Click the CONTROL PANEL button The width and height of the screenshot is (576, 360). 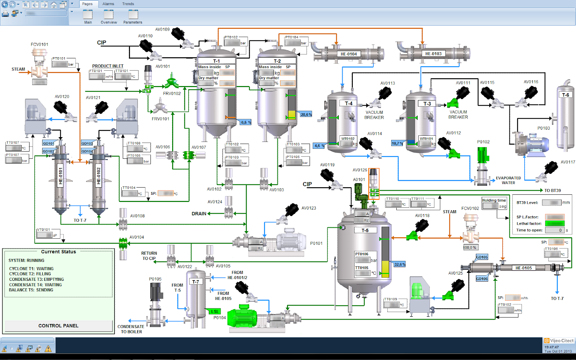coord(58,326)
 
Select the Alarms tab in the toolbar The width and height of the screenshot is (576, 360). coord(108,4)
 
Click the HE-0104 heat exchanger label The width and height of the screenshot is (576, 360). coord(348,54)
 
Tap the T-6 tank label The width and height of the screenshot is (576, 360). coord(566,95)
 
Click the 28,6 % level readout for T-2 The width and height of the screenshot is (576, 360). coord(306,114)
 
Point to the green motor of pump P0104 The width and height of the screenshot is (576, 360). coord(243,316)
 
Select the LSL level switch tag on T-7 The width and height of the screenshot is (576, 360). coord(215,311)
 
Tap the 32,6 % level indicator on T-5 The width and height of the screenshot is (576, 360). coord(400,264)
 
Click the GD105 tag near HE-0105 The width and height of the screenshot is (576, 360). coord(482,257)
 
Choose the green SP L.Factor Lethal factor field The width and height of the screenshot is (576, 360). coord(555,224)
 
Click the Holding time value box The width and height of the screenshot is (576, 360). coord(490,206)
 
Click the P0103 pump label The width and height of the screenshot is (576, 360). coord(544,128)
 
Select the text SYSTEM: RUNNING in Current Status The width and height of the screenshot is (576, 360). coord(27,260)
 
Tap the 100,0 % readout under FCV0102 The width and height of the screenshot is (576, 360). coord(470,248)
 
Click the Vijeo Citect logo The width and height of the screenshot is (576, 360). coord(559,341)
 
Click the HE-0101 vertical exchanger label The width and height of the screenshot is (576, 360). coord(60,176)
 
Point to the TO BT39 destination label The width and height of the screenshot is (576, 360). coord(552,190)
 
